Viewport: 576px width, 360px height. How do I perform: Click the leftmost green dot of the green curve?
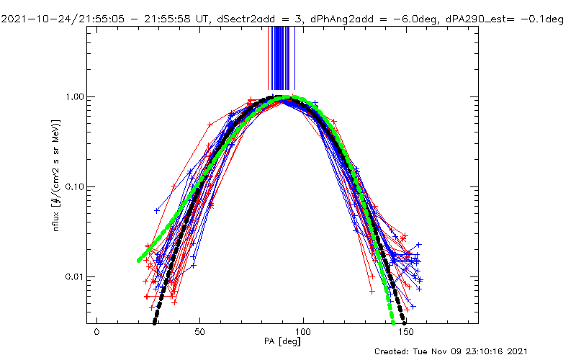coord(139,260)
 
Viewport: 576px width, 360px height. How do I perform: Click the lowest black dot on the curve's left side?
coord(155,322)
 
